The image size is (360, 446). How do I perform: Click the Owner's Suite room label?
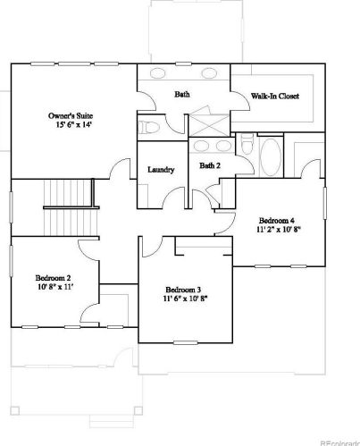point(71,115)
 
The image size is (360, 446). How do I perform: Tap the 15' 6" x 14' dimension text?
point(73,125)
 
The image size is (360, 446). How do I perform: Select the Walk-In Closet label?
point(275,96)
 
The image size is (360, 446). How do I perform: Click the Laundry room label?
point(161,170)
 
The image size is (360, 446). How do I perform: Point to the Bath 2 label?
point(210,165)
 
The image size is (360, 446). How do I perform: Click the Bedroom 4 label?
point(277,221)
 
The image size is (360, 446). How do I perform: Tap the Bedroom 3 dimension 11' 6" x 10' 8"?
point(185,299)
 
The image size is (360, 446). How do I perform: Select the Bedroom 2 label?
point(53,278)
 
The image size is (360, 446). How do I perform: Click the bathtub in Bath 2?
point(271,156)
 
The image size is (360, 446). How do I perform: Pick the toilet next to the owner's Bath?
point(149,128)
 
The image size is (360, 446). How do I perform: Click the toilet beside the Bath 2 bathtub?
point(247,144)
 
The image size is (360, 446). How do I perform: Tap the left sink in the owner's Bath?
point(157,73)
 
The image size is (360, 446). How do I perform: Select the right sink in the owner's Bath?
point(209,73)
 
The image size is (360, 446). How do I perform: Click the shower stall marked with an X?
point(209,125)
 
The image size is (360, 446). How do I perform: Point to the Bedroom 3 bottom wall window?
point(186,342)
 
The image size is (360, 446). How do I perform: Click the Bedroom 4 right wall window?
point(325,204)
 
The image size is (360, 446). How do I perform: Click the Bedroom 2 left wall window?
point(12,261)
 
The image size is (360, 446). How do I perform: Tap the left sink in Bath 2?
point(201,146)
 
